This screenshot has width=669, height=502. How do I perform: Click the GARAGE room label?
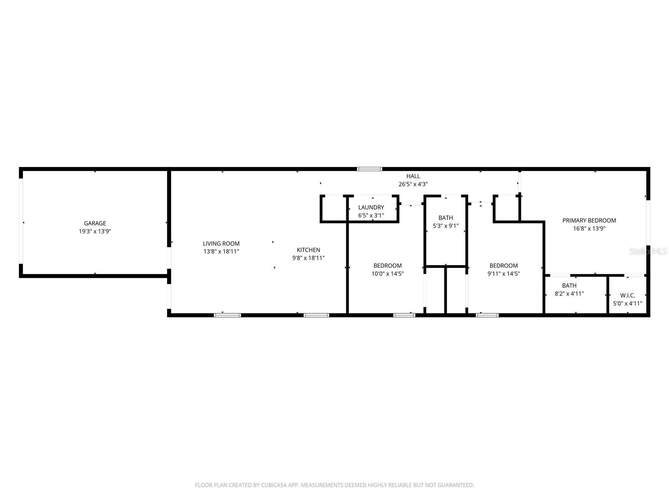tap(95, 223)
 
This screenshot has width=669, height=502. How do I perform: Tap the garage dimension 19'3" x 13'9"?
tap(95, 231)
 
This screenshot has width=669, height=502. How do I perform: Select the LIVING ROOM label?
tap(221, 243)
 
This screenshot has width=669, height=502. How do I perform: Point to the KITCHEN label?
tap(309, 250)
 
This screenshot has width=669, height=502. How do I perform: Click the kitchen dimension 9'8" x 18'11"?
tap(309, 258)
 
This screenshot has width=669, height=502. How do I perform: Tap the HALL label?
tap(413, 176)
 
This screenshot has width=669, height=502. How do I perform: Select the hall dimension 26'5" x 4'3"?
tap(413, 184)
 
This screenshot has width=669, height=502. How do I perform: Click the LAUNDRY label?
tap(371, 207)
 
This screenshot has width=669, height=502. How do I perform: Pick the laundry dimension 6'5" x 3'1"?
tap(371, 215)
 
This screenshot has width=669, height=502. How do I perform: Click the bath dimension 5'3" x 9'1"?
tap(446, 226)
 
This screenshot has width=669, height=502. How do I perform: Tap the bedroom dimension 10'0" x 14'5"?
tap(388, 274)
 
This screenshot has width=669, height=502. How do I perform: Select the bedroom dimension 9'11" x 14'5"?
tap(503, 274)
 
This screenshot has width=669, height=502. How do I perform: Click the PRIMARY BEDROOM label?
tap(589, 220)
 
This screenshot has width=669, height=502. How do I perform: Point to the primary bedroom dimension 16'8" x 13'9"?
tap(589, 228)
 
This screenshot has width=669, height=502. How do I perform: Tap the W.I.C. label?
tap(627, 295)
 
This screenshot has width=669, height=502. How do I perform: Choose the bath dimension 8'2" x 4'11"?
tap(569, 294)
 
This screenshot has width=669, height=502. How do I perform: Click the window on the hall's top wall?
tap(370, 169)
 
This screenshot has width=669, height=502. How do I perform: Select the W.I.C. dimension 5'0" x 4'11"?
tap(627, 304)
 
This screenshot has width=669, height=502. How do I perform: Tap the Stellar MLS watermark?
tap(648, 251)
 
